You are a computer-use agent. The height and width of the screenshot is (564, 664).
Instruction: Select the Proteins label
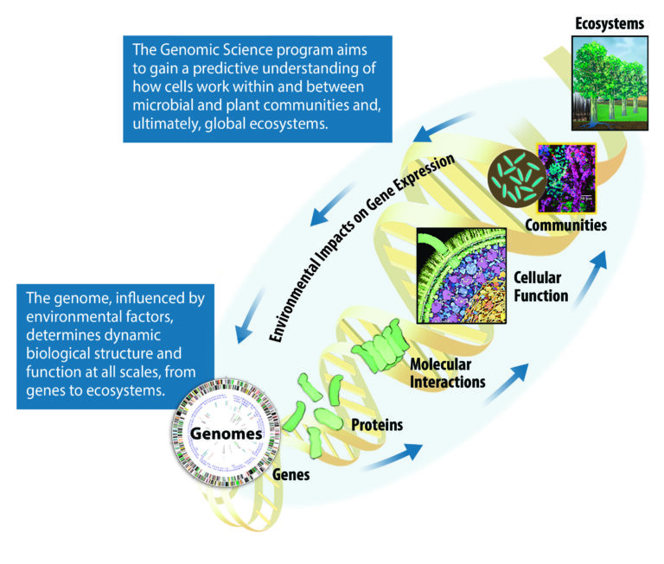pyautogui.click(x=378, y=425)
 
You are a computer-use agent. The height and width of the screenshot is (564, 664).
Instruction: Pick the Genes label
pyautogui.click(x=292, y=474)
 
